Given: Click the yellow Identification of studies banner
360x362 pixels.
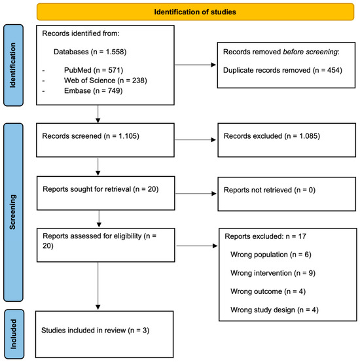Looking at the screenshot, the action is (195, 12).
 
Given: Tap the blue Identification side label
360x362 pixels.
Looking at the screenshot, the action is (13, 65).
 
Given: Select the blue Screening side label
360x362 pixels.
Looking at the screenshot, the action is (13, 212).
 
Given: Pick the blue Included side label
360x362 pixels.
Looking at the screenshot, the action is (14, 334).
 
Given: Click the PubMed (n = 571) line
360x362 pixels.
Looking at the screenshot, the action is (94, 70).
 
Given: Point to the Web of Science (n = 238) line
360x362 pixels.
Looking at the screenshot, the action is (105, 81).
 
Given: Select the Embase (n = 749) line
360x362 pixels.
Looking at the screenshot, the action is (94, 90).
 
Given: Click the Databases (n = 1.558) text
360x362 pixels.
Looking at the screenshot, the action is (90, 52).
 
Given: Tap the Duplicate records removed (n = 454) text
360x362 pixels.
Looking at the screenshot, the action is (283, 70).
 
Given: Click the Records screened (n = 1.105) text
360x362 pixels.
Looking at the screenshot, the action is (91, 136).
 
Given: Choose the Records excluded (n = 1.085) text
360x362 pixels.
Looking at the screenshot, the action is (272, 136).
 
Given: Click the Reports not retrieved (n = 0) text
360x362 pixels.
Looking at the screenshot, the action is (270, 190).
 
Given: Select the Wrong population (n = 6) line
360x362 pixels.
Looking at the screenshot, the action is (271, 255).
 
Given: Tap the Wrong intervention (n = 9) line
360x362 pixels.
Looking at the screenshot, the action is (273, 273).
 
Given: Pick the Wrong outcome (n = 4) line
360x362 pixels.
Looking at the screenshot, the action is (268, 291).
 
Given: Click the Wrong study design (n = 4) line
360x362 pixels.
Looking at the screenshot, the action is (274, 310).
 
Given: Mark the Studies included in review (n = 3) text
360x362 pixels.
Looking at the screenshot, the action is (96, 331).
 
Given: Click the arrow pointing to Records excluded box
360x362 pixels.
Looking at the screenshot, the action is (195, 139).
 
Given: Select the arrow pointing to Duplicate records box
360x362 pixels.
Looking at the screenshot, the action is (195, 65).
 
